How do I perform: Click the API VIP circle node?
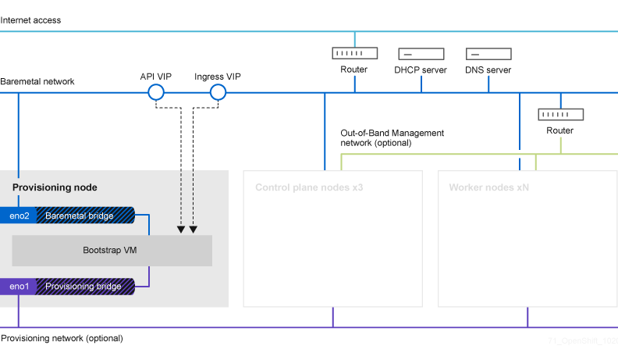[155, 93]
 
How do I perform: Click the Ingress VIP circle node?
[218, 93]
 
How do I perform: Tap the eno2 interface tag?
[19, 216]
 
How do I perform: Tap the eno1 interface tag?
[19, 287]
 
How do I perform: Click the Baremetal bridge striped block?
[85, 216]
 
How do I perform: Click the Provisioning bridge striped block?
[85, 287]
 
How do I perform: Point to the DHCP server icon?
[421, 54]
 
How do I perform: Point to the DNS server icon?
[488, 54]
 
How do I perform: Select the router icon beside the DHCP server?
[354, 53]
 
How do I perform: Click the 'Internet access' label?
[30, 20]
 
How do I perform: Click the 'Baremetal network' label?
[37, 81]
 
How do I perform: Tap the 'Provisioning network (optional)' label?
[62, 338]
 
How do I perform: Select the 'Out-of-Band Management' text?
[392, 133]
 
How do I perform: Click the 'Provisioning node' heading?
[55, 188]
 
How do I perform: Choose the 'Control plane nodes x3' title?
[309, 188]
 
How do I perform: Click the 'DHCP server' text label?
[421, 70]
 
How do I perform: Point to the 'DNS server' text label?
[488, 70]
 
